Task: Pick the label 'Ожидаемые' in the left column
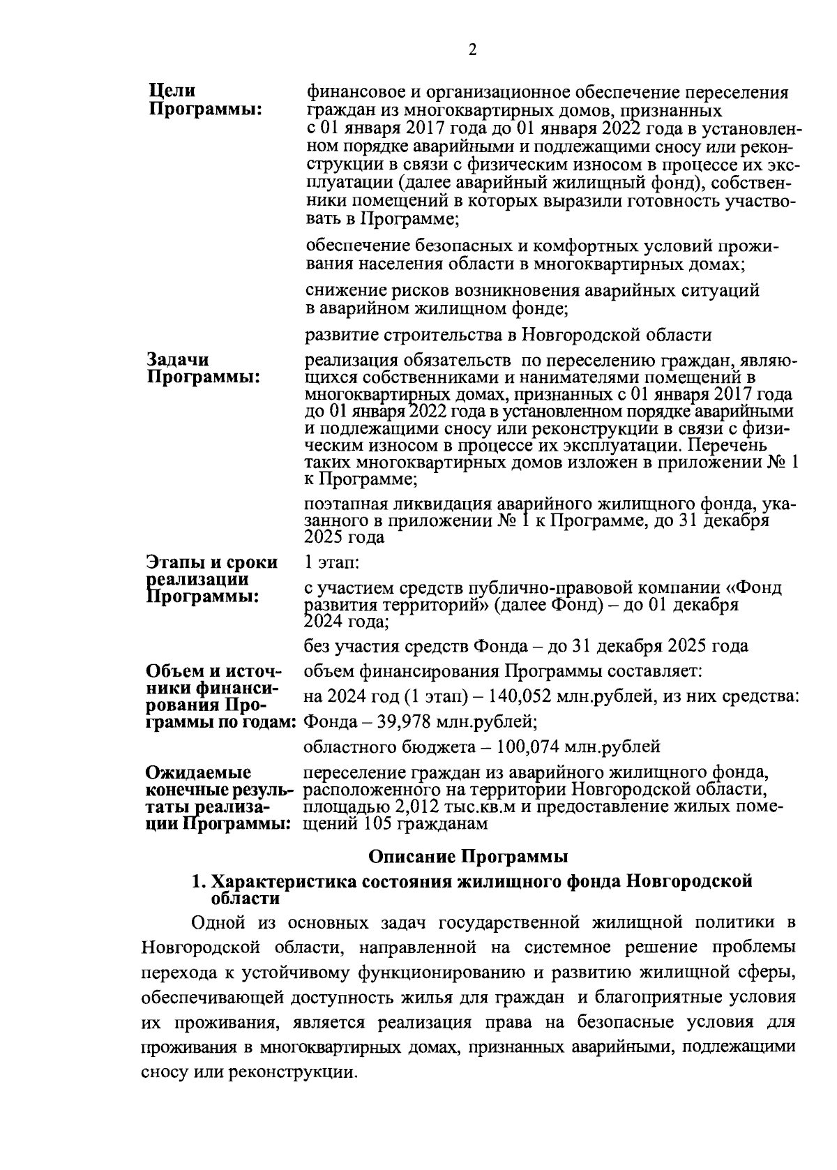[x=198, y=773]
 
